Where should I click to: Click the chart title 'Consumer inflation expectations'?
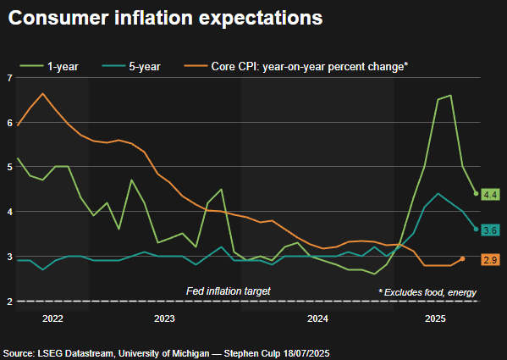166,17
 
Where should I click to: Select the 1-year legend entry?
60,65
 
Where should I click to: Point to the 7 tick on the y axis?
9,78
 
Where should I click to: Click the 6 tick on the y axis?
9,123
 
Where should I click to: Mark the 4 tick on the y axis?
9,212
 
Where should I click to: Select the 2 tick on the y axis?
9,302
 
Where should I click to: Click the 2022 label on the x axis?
52,319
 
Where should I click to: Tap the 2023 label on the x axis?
164,319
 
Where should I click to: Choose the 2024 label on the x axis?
317,319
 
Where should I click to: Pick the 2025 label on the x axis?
435,319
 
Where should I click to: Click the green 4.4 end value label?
489,195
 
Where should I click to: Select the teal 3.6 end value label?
489,230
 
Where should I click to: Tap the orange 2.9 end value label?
489,259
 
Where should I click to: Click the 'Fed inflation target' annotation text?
228,291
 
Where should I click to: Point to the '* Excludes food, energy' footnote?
427,291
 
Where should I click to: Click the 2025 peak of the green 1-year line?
450,96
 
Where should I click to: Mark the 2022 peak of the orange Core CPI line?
42,93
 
